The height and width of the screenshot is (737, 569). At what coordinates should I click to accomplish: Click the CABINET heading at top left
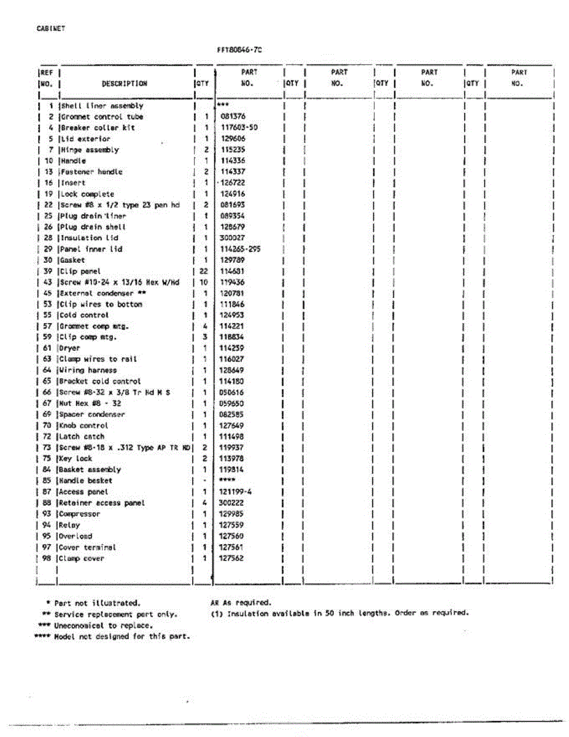[x=51, y=28]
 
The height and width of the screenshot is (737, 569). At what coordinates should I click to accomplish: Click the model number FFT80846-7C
[x=243, y=50]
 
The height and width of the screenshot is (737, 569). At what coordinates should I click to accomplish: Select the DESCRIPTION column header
[x=125, y=84]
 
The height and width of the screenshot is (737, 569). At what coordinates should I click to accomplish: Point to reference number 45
[x=47, y=293]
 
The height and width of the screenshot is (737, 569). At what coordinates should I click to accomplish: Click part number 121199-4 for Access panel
[x=235, y=492]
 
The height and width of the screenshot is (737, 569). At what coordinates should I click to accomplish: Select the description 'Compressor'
[x=80, y=514]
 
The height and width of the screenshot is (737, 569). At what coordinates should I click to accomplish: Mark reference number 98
[x=47, y=558]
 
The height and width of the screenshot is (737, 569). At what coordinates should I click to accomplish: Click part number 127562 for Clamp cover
[x=231, y=558]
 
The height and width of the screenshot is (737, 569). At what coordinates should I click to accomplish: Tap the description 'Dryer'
[x=70, y=348]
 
